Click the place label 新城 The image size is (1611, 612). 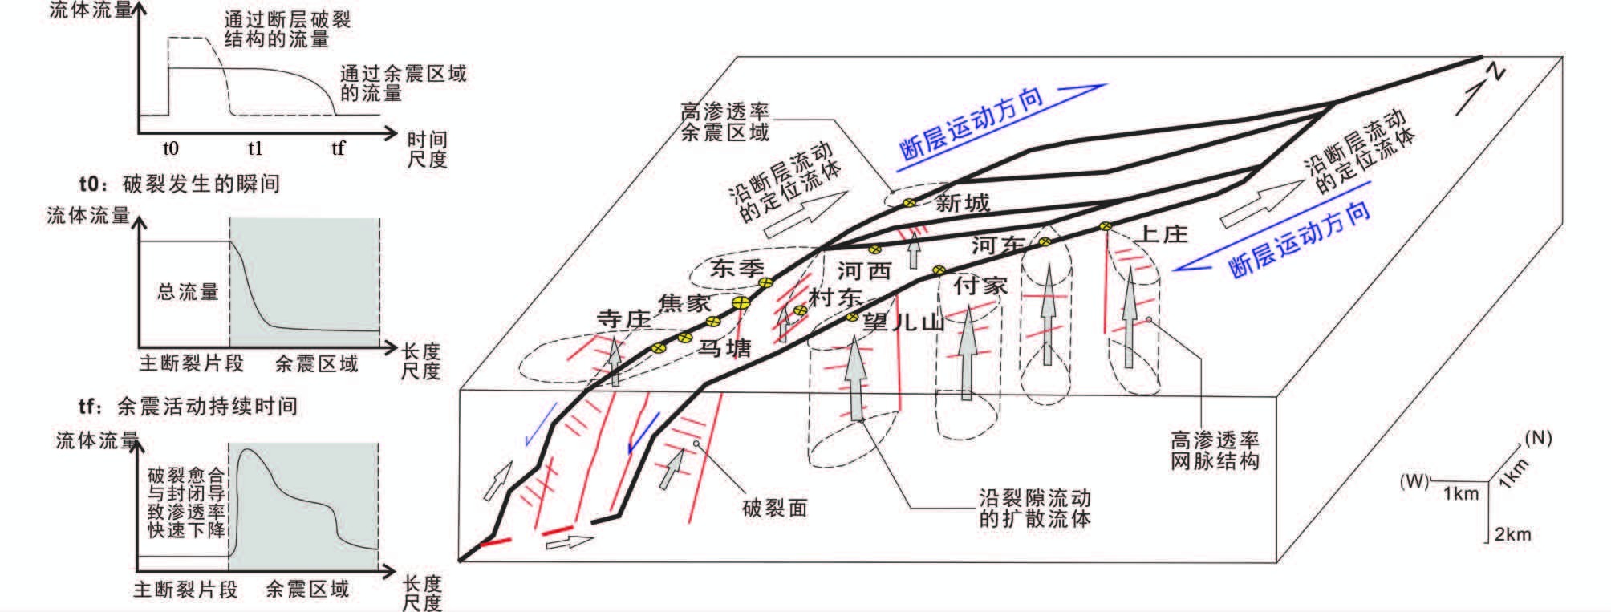tap(962, 203)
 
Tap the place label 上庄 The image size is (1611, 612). tap(1163, 234)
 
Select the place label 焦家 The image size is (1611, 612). tap(684, 303)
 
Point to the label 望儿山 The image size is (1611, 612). tap(903, 322)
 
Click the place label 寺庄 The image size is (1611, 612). tap(623, 319)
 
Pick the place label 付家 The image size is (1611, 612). tap(980, 286)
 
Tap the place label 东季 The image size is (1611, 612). tap(737, 268)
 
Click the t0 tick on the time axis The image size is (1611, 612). tap(170, 148)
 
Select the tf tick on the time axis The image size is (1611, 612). tap(339, 148)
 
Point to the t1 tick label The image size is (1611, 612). tap(255, 148)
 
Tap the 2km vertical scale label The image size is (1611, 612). tap(1512, 534)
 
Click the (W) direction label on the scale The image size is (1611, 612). tap(1414, 481)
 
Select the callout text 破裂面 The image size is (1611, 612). tap(774, 508)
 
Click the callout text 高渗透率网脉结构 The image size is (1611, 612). tap(1214, 450)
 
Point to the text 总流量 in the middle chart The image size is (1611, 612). tap(188, 292)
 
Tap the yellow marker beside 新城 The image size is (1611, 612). tap(909, 203)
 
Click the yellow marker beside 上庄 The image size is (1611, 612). tap(1106, 226)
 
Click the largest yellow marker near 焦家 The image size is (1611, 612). tap(741, 303)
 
